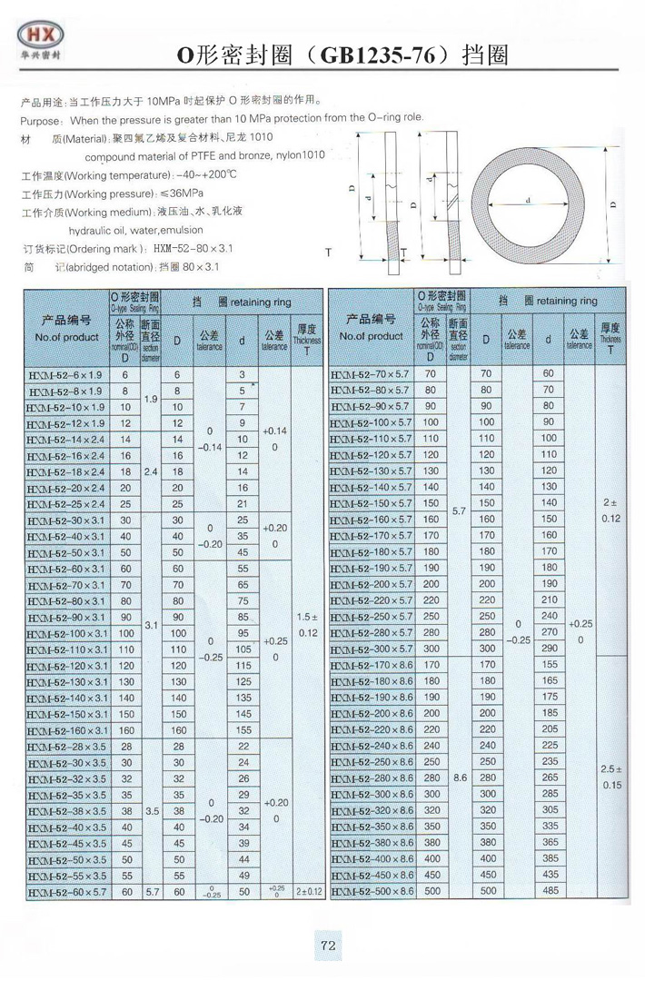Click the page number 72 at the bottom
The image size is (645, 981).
[x=329, y=946]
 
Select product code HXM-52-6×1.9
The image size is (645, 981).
[x=66, y=374]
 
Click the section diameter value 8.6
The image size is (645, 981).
[x=459, y=778]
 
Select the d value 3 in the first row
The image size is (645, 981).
[x=243, y=374]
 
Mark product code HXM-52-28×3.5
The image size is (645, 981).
[x=66, y=746]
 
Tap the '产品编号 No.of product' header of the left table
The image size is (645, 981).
[x=66, y=328]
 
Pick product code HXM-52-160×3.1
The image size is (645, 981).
[x=66, y=730]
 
